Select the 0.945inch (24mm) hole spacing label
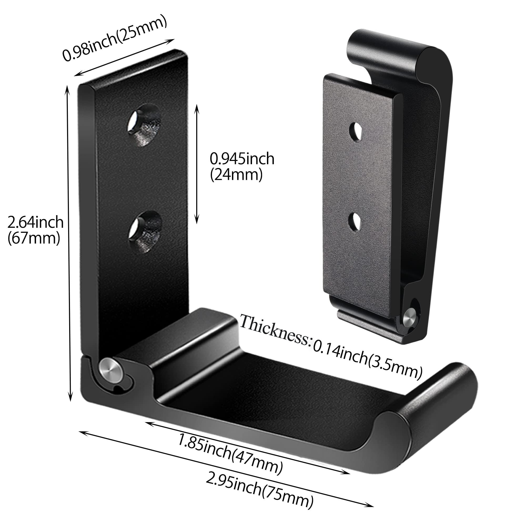coord(242,166)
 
